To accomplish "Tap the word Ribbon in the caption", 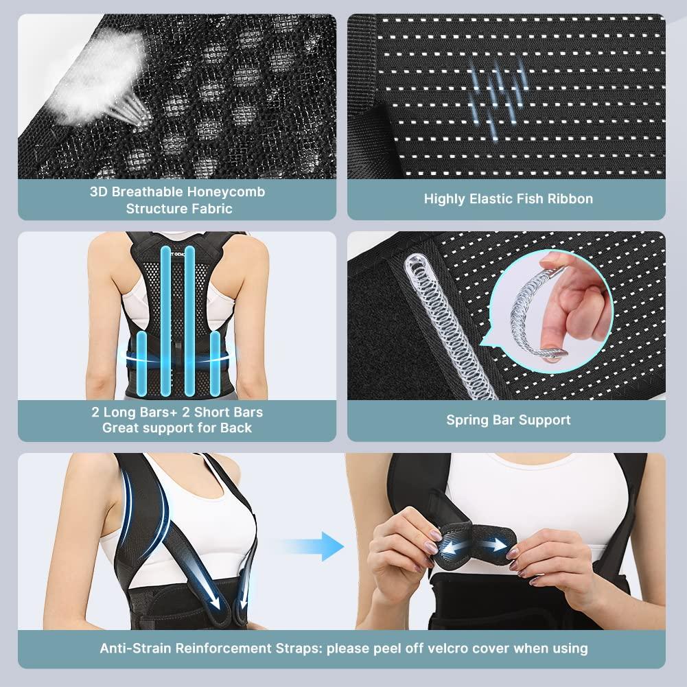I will point(570,199).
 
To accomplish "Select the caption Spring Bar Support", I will point(508,420).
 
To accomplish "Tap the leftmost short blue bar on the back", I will point(141,364).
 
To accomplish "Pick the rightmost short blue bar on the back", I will point(215,364).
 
